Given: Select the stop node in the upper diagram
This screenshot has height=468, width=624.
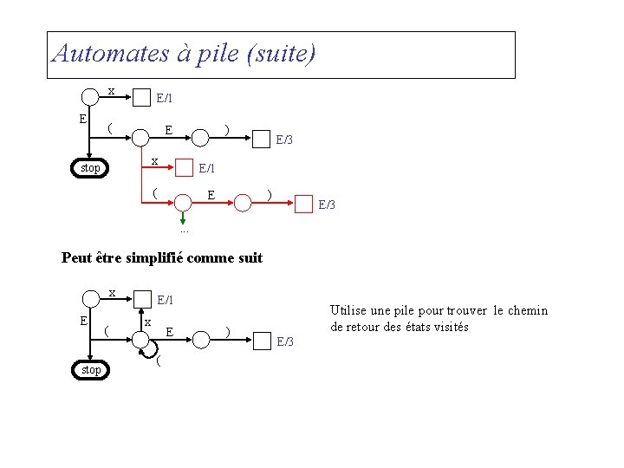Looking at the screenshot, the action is pyautogui.click(x=90, y=168).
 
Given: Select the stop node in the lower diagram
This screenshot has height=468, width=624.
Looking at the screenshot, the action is pyautogui.click(x=90, y=370).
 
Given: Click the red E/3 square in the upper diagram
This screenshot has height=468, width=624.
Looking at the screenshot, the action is pyautogui.click(x=303, y=205).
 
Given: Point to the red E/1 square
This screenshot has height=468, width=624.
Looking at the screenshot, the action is pyautogui.click(x=183, y=168).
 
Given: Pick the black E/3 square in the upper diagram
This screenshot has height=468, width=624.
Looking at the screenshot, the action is pyautogui.click(x=260, y=139).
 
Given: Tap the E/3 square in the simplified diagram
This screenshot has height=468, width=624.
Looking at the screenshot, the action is pyautogui.click(x=262, y=341).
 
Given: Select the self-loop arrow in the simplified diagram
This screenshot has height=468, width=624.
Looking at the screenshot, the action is pyautogui.click(x=152, y=352).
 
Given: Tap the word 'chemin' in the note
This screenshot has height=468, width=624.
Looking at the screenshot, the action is pyautogui.click(x=528, y=310).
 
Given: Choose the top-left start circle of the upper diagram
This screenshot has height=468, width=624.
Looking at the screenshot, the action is pyautogui.click(x=90, y=96).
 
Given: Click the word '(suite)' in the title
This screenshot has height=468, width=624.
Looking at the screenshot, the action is pyautogui.click(x=282, y=54).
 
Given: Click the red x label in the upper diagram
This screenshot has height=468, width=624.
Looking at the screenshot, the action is pyautogui.click(x=154, y=161).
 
